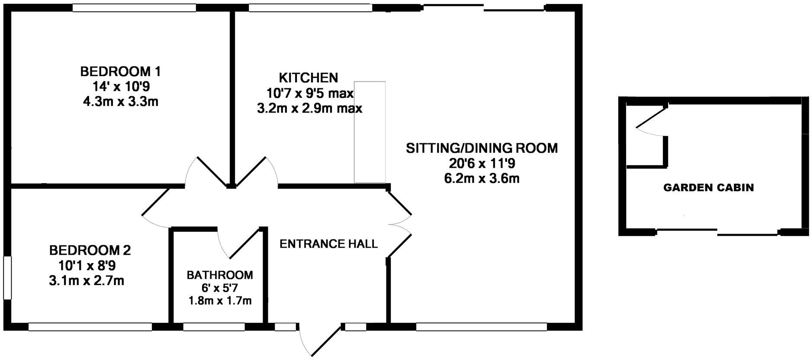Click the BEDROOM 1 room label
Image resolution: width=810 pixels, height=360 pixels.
click(121, 71)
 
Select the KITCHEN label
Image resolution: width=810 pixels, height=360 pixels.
click(308, 78)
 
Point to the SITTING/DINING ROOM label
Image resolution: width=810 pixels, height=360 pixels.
click(482, 148)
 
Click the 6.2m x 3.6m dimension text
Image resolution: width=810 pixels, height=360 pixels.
click(482, 178)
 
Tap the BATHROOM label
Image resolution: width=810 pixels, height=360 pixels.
click(220, 275)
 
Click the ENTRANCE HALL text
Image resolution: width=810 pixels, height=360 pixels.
click(328, 244)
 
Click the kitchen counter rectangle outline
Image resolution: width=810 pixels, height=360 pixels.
click(370, 132)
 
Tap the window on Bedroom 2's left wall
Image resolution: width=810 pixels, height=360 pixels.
click(7, 277)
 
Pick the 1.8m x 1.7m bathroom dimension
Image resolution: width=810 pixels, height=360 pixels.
click(220, 300)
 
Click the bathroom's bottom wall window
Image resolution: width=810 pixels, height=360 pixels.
click(214, 327)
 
